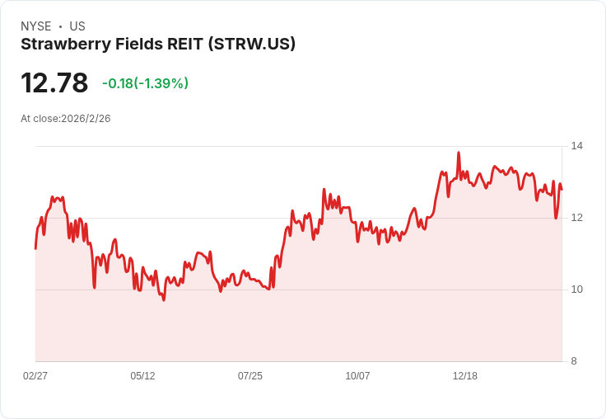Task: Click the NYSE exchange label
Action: coord(36,26)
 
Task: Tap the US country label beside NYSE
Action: coord(77,26)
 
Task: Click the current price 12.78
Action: coord(54,83)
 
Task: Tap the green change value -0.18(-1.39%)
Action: coord(145,83)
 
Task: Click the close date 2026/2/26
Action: coord(86,119)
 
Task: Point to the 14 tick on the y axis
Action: coord(577,146)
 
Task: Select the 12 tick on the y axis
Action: coord(577,218)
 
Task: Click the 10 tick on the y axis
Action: coord(577,290)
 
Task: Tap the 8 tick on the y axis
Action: coord(575,361)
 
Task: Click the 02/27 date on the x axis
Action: coord(35,376)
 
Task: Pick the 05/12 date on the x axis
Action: coord(142,376)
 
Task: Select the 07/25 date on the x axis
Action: coord(250,376)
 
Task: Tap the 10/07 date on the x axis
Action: coord(357,376)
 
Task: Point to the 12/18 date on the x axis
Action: coord(465,376)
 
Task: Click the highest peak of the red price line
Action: coord(459,153)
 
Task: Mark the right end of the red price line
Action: coord(562,189)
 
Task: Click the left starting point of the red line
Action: coord(35,247)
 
